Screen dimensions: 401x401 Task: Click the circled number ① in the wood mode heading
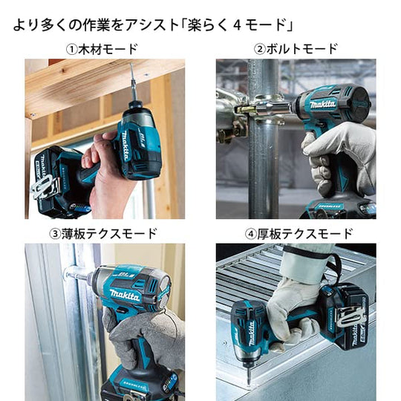coord(71,49)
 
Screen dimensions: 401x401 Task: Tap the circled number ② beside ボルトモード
coord(259,49)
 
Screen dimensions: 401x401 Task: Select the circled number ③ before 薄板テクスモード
coord(55,234)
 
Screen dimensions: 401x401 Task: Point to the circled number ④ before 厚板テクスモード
coord(251,234)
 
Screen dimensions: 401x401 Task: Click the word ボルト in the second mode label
coord(284,49)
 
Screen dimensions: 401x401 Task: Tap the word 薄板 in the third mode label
coord(73,234)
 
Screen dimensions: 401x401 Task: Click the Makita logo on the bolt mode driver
coord(323,105)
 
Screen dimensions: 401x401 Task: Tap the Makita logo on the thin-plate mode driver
coord(125,295)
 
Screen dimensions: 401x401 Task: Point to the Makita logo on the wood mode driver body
coord(125,146)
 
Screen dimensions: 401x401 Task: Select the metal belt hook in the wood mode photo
coord(43,186)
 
